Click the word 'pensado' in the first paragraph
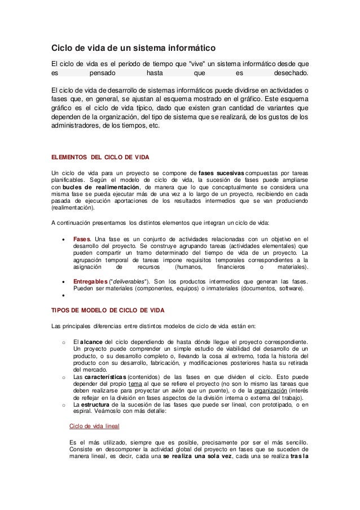103,73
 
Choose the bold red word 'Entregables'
90,282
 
